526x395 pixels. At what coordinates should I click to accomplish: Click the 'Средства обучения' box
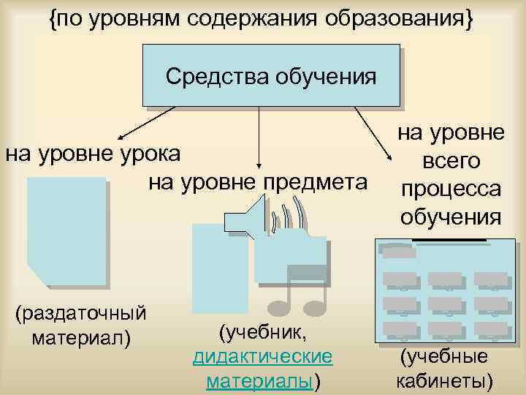(271, 76)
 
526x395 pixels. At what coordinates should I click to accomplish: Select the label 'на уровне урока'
(102, 154)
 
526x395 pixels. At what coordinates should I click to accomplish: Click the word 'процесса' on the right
(451, 188)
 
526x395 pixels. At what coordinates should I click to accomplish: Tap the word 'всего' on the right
(450, 161)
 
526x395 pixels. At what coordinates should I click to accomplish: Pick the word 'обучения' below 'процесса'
(451, 216)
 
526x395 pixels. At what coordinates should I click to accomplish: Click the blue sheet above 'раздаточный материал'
(66, 230)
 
